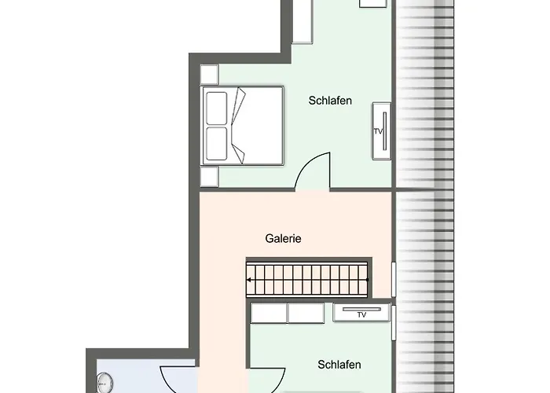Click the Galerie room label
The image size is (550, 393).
(x=283, y=239)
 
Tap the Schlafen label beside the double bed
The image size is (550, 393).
(x=330, y=101)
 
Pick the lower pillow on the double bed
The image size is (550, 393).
(x=216, y=144)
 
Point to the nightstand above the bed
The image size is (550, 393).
(x=209, y=73)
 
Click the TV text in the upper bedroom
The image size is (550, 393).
(x=377, y=131)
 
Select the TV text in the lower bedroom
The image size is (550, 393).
(x=361, y=315)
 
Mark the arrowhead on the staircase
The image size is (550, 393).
(x=251, y=278)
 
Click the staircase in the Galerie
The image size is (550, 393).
(x=308, y=278)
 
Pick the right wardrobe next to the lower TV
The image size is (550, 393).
(x=306, y=312)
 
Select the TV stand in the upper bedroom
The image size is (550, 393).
(x=381, y=130)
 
